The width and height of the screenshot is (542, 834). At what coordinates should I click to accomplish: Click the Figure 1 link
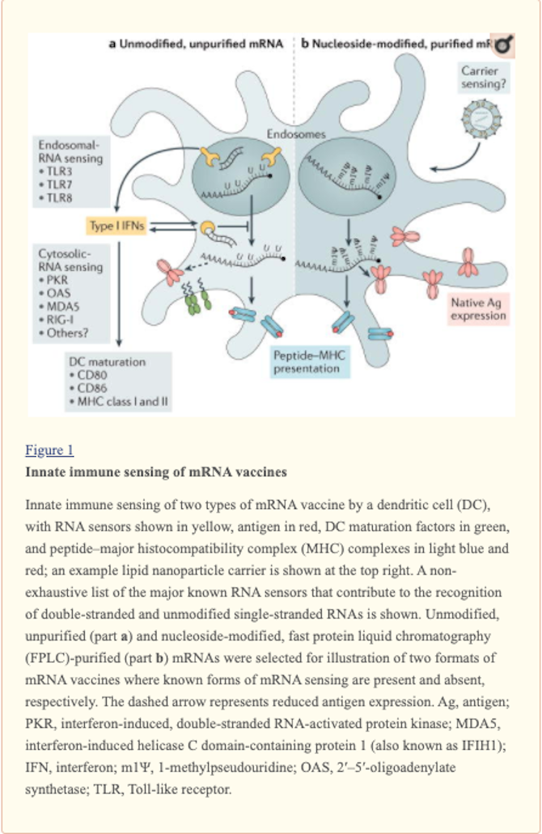pyautogui.click(x=49, y=450)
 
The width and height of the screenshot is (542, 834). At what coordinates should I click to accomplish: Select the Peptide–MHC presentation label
pyautogui.click(x=307, y=361)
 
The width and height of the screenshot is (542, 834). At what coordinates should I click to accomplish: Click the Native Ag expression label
pyautogui.click(x=478, y=308)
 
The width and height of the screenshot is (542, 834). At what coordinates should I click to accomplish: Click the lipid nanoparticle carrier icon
pyautogui.click(x=477, y=124)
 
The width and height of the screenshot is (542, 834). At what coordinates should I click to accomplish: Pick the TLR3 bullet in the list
pyautogui.click(x=61, y=171)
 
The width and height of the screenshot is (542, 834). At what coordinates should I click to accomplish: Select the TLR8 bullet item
pyautogui.click(x=61, y=197)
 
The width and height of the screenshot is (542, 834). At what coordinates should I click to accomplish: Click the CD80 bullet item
pyautogui.click(x=92, y=375)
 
